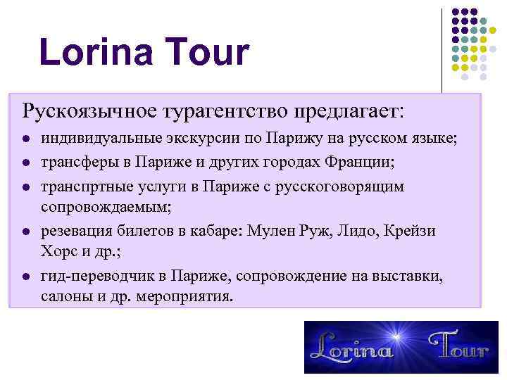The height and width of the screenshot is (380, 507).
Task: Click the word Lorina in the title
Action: tap(96, 53)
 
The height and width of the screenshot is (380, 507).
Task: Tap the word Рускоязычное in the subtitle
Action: tap(90, 111)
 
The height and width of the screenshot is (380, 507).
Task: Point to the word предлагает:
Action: tap(350, 111)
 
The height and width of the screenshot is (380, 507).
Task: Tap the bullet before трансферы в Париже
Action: tap(25, 163)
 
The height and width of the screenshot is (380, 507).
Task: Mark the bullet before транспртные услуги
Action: tap(25, 186)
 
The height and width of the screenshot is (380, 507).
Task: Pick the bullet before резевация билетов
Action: tap(25, 231)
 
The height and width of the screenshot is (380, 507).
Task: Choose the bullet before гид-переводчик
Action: tap(25, 277)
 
